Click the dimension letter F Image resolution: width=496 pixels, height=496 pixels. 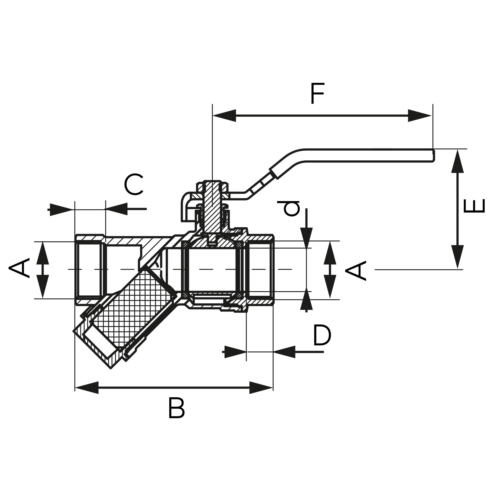coord(317,94)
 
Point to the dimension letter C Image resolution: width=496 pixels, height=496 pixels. coord(133,184)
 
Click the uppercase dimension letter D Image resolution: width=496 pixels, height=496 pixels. coord(322,335)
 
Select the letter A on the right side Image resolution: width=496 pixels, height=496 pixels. coord(356,270)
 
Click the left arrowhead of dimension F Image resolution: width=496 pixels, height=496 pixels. coord(224,115)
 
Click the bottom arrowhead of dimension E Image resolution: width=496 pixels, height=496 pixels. coord(458,257)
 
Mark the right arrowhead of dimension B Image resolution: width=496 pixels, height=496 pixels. coord(261,388)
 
